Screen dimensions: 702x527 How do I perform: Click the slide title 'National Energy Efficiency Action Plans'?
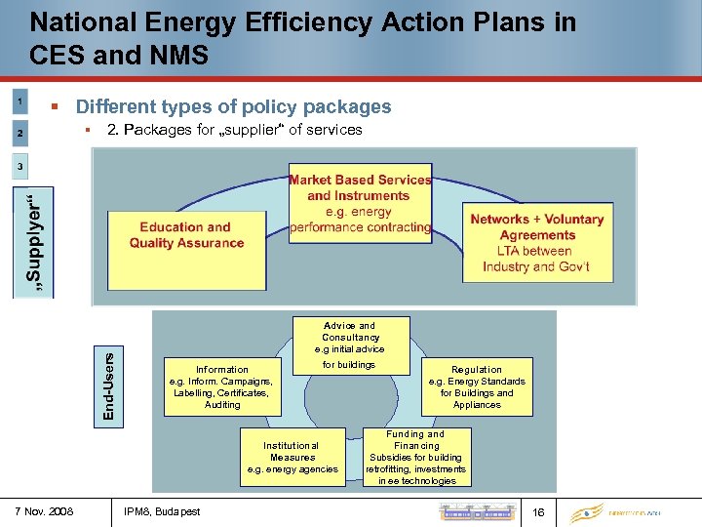302,21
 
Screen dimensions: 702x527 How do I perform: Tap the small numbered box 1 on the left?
20,101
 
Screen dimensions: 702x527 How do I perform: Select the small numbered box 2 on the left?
20,132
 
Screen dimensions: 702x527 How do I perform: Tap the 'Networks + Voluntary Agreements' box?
537,242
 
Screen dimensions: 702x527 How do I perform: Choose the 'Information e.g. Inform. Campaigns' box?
222,386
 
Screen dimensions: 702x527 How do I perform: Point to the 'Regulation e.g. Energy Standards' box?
477,386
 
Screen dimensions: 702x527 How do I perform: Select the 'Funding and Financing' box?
415,457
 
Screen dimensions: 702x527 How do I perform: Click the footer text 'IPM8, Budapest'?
163,510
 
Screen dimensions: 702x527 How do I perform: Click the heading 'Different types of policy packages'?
233,106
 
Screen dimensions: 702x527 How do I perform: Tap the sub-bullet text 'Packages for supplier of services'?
234,129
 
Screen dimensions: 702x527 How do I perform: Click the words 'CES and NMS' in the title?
119,55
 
